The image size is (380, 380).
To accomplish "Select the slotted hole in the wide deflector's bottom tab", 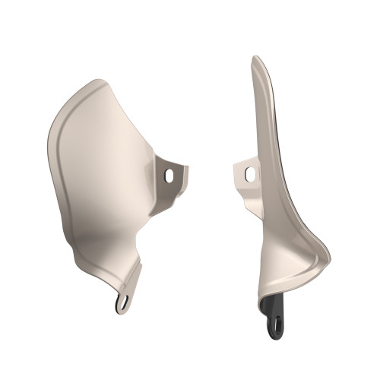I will [x=122, y=304].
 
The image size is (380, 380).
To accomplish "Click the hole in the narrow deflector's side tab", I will [x=249, y=174].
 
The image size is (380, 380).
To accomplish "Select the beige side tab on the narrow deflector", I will [x=246, y=173].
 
